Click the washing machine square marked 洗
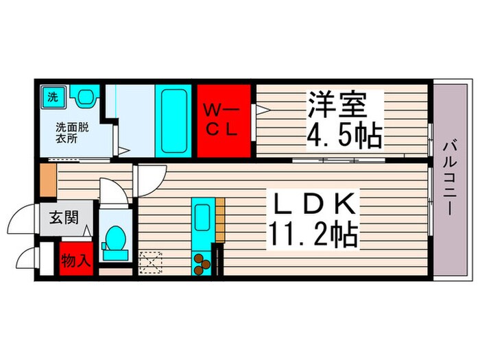click(52, 97)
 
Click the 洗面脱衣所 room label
click(71, 132)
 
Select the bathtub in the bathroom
click(168, 120)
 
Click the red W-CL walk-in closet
click(225, 120)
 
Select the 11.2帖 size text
click(312, 236)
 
